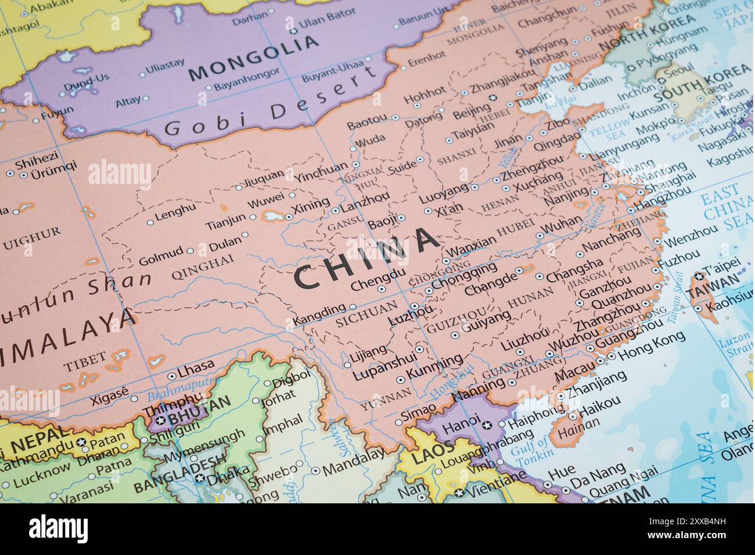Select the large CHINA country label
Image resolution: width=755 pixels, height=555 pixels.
tap(366, 258)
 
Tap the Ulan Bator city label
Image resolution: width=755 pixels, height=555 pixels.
tap(323, 26)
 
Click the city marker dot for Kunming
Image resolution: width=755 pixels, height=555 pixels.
tap(400, 380)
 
